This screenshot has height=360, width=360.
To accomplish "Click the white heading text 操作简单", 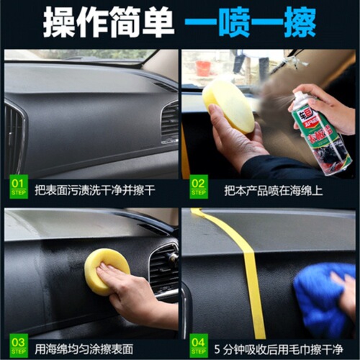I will pyautogui.click(x=109, y=24).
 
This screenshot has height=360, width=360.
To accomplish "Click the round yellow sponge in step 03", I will pyautogui.click(x=107, y=269).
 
